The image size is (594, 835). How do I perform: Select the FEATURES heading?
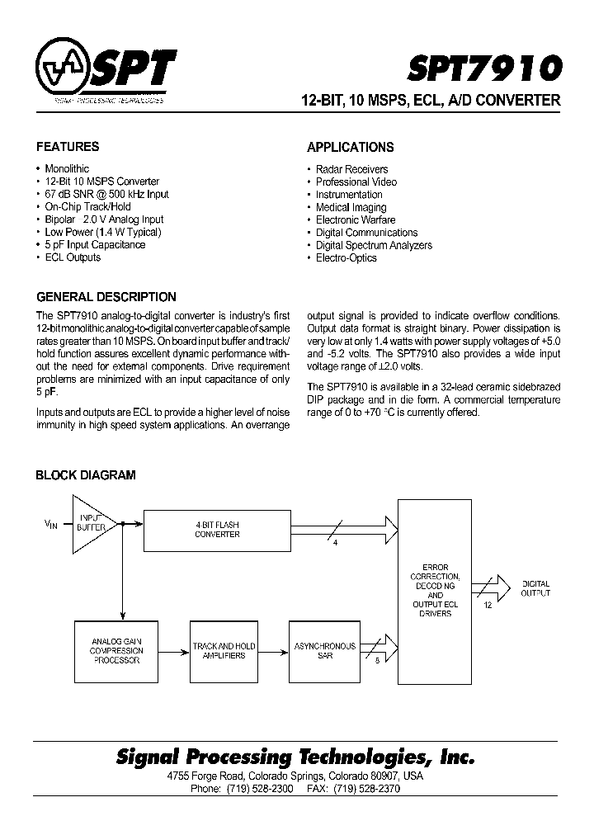click(67, 147)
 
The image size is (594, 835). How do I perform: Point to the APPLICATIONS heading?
click(350, 148)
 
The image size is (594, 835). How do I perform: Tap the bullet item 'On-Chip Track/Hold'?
click(87, 206)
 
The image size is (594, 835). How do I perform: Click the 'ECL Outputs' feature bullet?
click(73, 257)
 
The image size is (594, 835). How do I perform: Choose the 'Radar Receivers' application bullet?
click(351, 169)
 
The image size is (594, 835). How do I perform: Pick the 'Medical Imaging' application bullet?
click(351, 207)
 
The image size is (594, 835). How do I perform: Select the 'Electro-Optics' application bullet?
click(346, 257)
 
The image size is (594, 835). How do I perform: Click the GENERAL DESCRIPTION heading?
click(106, 297)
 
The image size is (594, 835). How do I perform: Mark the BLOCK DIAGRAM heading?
click(85, 475)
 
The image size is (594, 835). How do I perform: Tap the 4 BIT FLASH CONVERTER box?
click(217, 529)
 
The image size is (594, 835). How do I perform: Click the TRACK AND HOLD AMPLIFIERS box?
click(224, 650)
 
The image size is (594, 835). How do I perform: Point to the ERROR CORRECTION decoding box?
click(435, 592)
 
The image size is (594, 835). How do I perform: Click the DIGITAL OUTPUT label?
click(535, 588)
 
